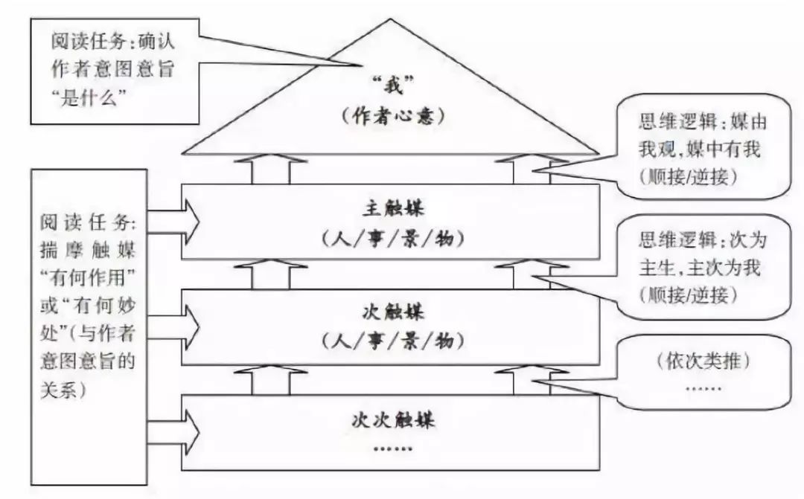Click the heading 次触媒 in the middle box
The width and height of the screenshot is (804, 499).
[x=391, y=311]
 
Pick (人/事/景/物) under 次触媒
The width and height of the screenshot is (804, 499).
[x=391, y=341]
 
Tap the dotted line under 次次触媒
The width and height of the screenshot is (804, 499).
[x=391, y=448]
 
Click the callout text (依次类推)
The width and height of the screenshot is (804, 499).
[x=703, y=362]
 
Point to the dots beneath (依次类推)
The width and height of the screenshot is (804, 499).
[x=703, y=387]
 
